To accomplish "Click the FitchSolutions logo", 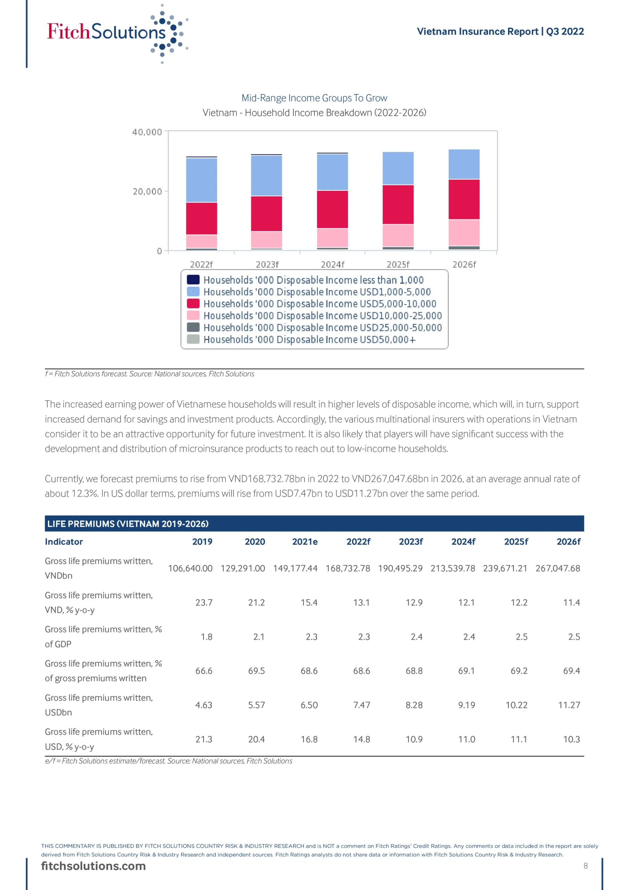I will tap(116, 33).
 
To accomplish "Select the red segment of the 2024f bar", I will tap(332, 209).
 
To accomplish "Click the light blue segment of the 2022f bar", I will tap(202, 180).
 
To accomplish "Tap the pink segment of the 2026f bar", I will tap(464, 233).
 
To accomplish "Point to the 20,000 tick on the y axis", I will tap(147, 192).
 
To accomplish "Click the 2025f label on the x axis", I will tap(398, 264).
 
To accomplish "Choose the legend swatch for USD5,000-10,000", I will tap(193, 304).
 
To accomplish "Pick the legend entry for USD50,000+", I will tap(309, 340).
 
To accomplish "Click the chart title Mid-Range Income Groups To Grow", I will tap(314, 98).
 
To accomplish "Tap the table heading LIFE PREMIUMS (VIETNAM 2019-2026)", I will tap(128, 524).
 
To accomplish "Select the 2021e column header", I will tap(305, 542).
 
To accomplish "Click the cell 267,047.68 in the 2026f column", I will tap(558, 568).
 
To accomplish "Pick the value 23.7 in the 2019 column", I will tap(204, 602).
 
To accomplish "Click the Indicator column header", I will tap(64, 542).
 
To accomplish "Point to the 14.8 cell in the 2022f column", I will tap(361, 739).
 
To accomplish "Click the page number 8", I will tap(586, 866).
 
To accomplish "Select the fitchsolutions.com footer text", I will tap(93, 866).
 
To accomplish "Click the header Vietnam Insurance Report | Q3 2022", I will tap(500, 31).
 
